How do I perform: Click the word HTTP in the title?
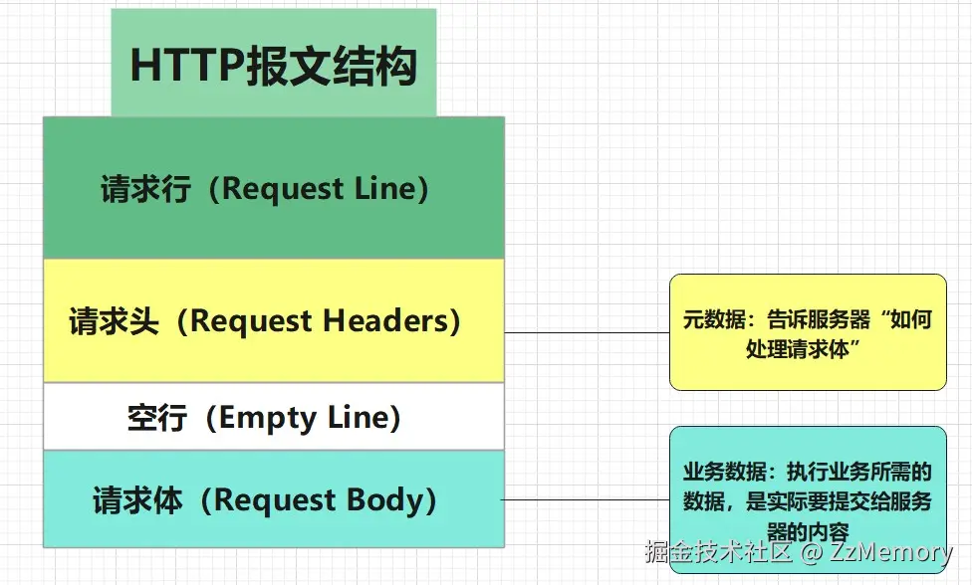(x=187, y=66)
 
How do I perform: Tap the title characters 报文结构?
(x=332, y=66)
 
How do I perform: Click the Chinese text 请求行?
(x=145, y=189)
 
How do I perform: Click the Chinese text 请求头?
(x=115, y=321)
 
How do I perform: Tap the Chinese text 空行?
(x=157, y=418)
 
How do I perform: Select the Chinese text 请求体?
(x=137, y=500)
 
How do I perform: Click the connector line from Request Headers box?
(x=587, y=332)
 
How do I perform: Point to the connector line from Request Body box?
(x=586, y=499)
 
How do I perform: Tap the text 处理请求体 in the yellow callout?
(x=797, y=349)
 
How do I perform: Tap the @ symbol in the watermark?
(x=812, y=551)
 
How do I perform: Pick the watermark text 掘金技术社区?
(x=718, y=551)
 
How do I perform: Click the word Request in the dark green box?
(x=283, y=189)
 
